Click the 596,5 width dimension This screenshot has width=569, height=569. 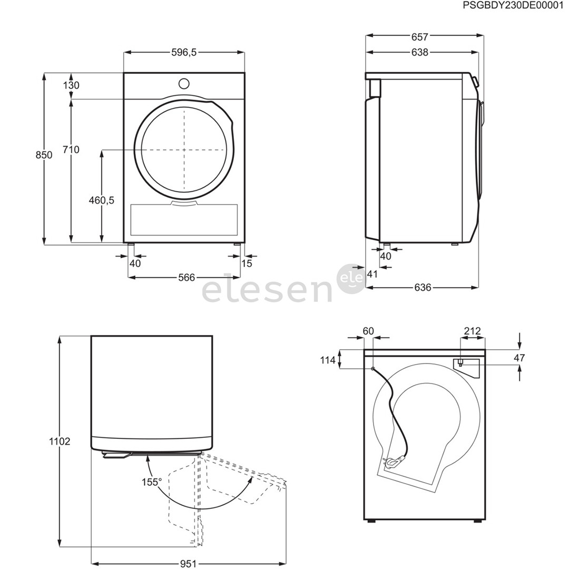[184, 53]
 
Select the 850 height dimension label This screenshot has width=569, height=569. [44, 155]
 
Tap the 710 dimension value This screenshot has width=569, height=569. [71, 150]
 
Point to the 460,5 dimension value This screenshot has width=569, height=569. [102, 200]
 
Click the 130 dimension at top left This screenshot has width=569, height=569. [71, 85]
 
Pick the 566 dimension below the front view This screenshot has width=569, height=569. [186, 277]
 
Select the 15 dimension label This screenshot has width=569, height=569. [247, 263]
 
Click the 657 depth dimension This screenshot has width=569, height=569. [420, 37]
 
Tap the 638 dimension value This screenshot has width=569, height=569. [420, 52]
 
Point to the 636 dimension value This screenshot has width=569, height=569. [423, 287]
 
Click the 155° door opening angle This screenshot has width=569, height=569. [151, 482]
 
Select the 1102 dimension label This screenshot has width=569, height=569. [60, 442]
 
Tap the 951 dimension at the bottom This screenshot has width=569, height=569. [188, 564]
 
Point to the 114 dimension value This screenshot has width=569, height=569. [328, 360]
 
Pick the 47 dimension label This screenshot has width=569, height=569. [519, 358]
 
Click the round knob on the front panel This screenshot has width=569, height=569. [184, 83]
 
